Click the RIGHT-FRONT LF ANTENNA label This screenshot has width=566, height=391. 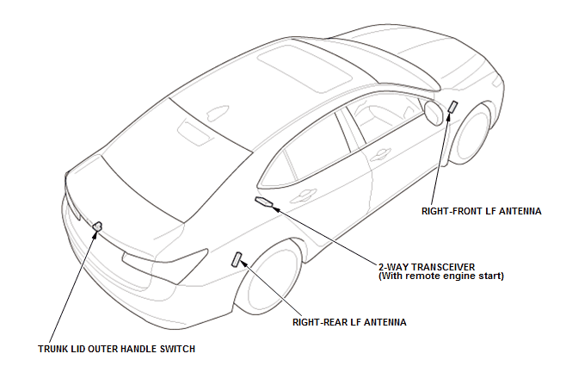pos(481,209)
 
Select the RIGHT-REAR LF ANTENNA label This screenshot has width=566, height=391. pos(348,322)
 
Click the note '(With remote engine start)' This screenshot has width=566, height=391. pos(440,276)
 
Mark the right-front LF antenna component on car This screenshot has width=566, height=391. pos(452,108)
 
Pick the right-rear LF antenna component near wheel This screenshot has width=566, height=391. pos(238,259)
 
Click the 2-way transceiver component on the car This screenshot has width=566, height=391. pos(265,203)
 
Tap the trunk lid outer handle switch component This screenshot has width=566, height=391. pos(97,227)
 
